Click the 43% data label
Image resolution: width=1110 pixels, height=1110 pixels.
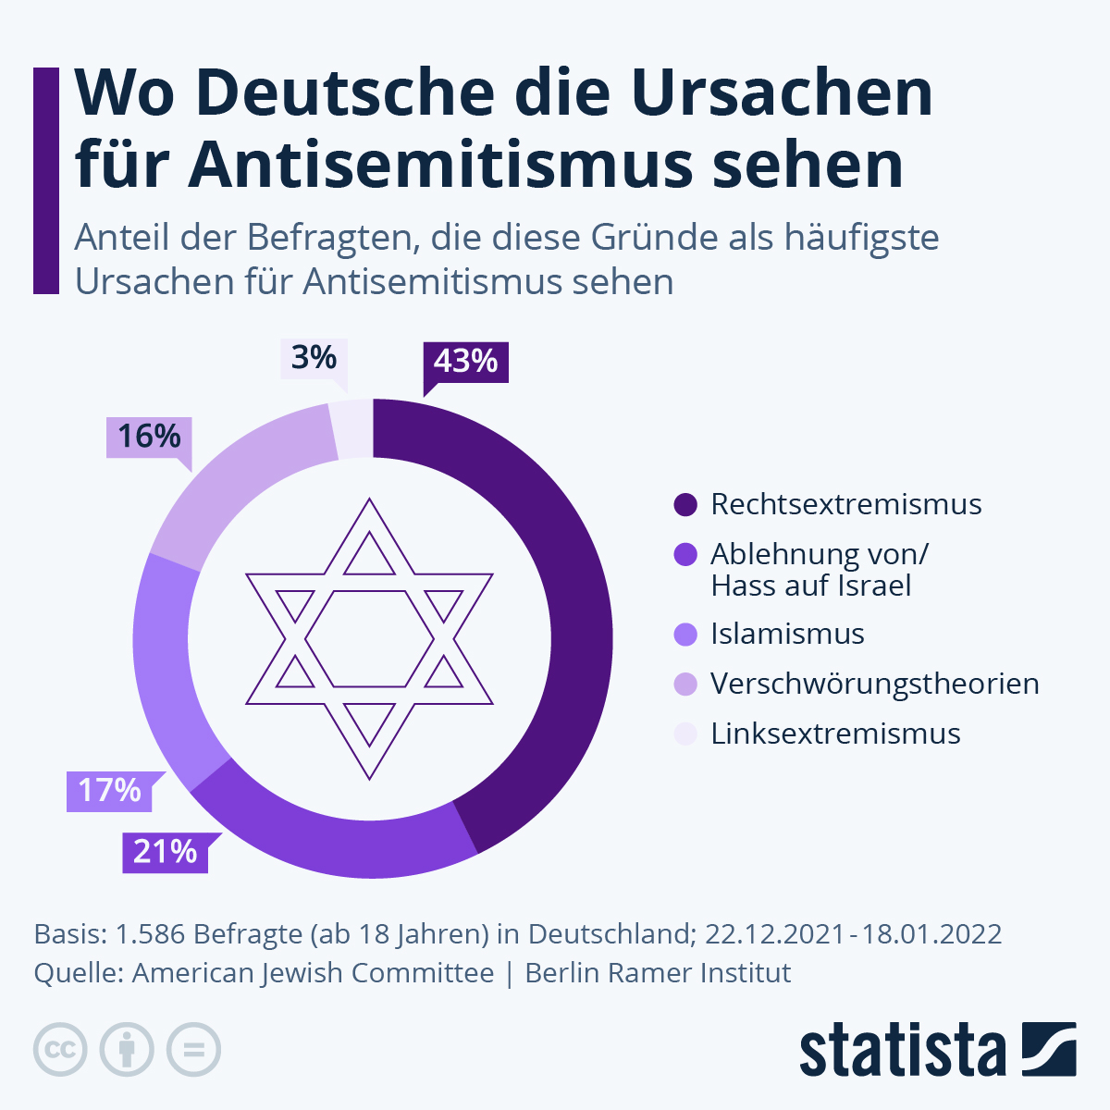click(x=465, y=361)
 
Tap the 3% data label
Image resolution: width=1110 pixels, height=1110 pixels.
click(x=314, y=358)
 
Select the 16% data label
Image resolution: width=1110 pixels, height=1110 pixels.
click(x=149, y=436)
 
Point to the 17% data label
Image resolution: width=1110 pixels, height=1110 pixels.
click(x=109, y=791)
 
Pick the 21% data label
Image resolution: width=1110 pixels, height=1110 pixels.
click(x=165, y=852)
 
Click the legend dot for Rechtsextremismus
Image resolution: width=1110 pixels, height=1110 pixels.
click(x=685, y=505)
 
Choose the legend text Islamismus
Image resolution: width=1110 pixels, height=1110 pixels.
click(x=787, y=635)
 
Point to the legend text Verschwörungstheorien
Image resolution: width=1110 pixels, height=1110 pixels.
click(x=874, y=684)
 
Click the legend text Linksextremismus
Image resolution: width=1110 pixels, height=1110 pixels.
click(x=835, y=734)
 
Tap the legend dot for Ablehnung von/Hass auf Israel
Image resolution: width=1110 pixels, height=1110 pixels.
click(x=685, y=555)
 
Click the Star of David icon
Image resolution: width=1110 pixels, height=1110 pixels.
click(x=370, y=638)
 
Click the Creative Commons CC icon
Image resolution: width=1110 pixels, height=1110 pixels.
click(x=60, y=1050)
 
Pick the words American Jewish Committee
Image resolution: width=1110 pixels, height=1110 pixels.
click(x=313, y=973)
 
